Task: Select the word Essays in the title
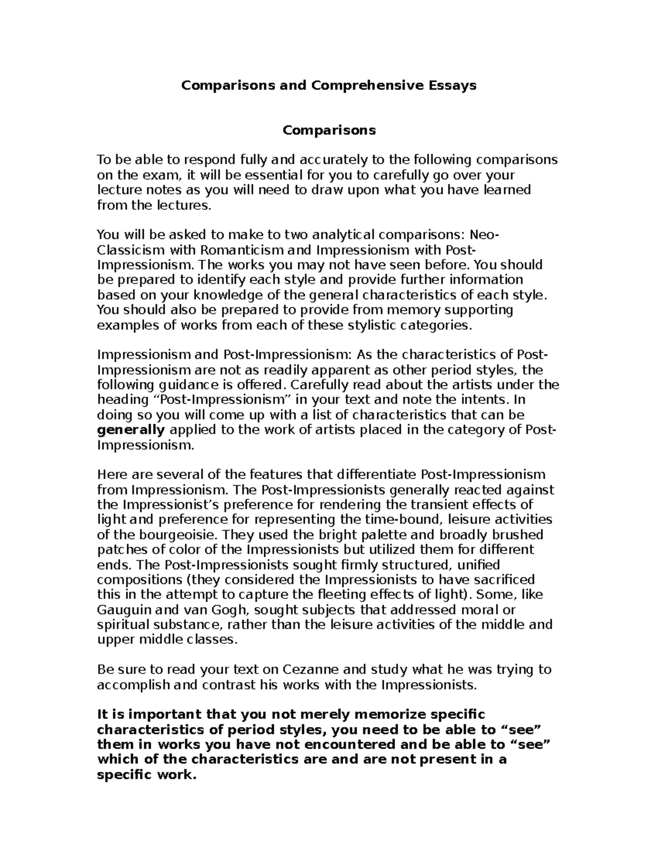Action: pos(453,85)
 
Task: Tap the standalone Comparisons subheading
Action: pos(329,130)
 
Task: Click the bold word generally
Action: pos(131,430)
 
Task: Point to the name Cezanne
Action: pos(312,670)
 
